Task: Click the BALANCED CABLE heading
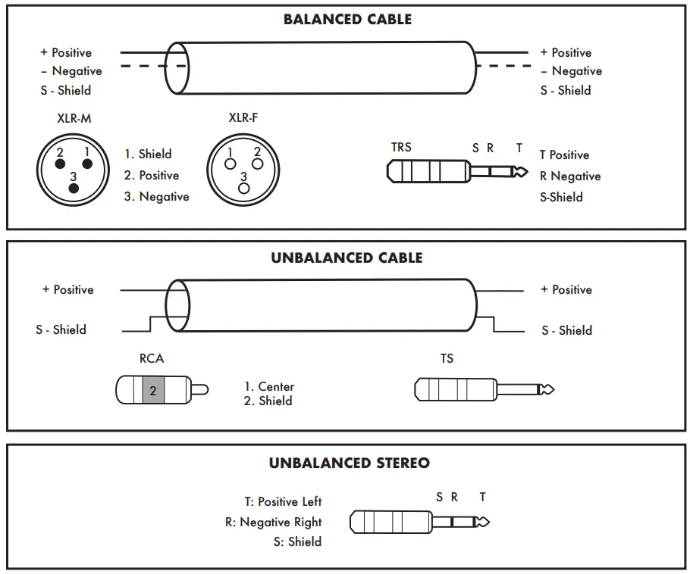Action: click(347, 20)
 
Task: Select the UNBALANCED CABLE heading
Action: click(347, 258)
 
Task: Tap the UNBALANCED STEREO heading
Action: click(349, 463)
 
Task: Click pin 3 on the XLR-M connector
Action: click(74, 188)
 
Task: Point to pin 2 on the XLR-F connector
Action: click(257, 163)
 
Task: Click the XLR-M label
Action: click(74, 119)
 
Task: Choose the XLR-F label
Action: click(243, 118)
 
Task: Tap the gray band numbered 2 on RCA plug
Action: click(153, 391)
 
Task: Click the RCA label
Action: click(152, 358)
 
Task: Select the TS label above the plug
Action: click(447, 358)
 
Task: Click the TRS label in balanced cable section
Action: click(401, 147)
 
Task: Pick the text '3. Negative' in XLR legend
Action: click(156, 197)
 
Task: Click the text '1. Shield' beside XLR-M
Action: click(148, 154)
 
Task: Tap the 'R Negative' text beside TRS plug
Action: click(569, 176)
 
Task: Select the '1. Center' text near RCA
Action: click(268, 386)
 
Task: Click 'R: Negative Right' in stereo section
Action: click(273, 522)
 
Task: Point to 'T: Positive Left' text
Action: click(283, 501)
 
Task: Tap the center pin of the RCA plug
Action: click(201, 391)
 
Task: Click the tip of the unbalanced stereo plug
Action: click(483, 522)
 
